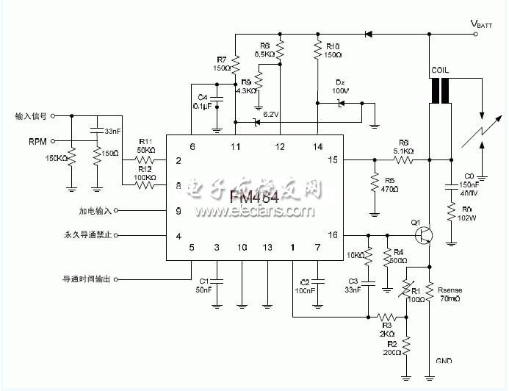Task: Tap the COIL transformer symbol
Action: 441,92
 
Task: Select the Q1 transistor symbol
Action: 421,234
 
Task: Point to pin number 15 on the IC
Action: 333,159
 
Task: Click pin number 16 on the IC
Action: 333,234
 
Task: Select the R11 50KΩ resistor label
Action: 145,146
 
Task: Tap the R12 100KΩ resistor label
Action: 145,173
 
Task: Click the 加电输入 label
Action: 95,211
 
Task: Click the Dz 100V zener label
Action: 341,86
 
